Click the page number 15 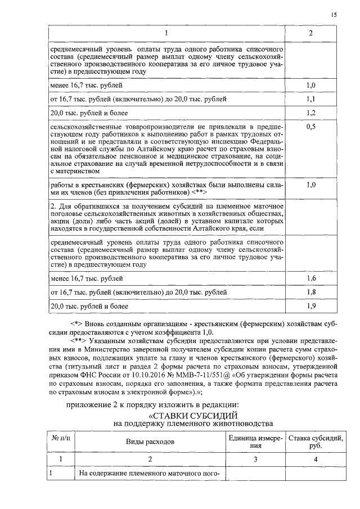pos(334,15)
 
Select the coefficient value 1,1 pos(310,100)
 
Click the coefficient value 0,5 pos(310,128)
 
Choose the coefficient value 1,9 pos(310,307)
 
